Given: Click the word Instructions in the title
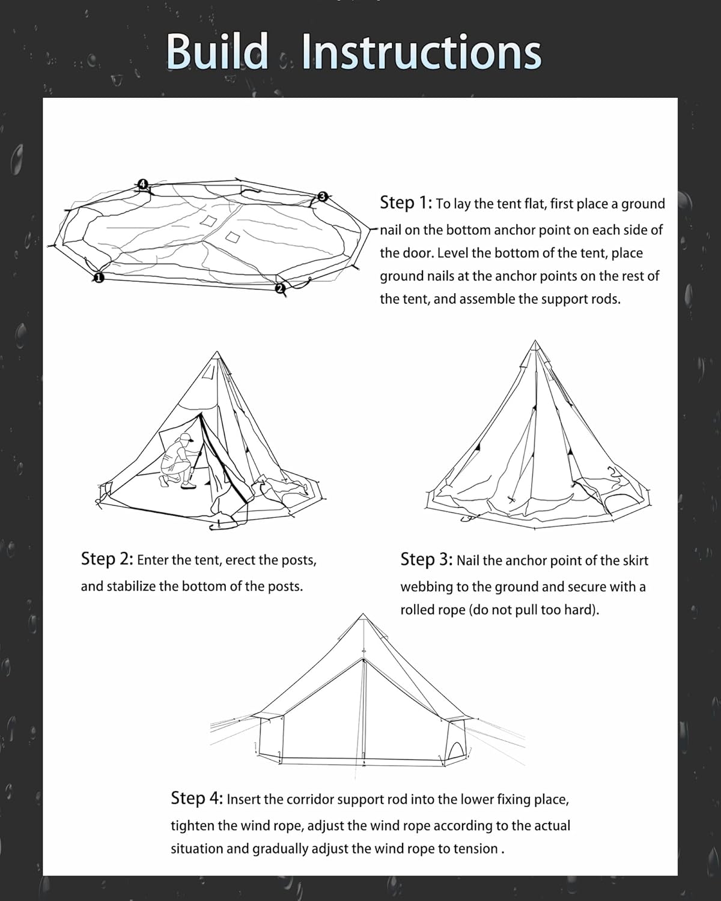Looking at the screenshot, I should coord(421,52).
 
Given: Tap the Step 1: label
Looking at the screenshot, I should coord(406,202).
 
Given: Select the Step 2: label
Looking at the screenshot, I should coord(106,559).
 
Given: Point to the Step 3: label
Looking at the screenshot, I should coord(426,559).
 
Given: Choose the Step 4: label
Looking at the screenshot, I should coord(196,798).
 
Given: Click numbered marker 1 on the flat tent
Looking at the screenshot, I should coord(99,277).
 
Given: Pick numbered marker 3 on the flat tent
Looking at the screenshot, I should coord(322,196).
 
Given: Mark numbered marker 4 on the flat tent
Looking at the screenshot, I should coord(142,183).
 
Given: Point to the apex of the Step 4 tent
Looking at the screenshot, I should coord(363,615).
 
